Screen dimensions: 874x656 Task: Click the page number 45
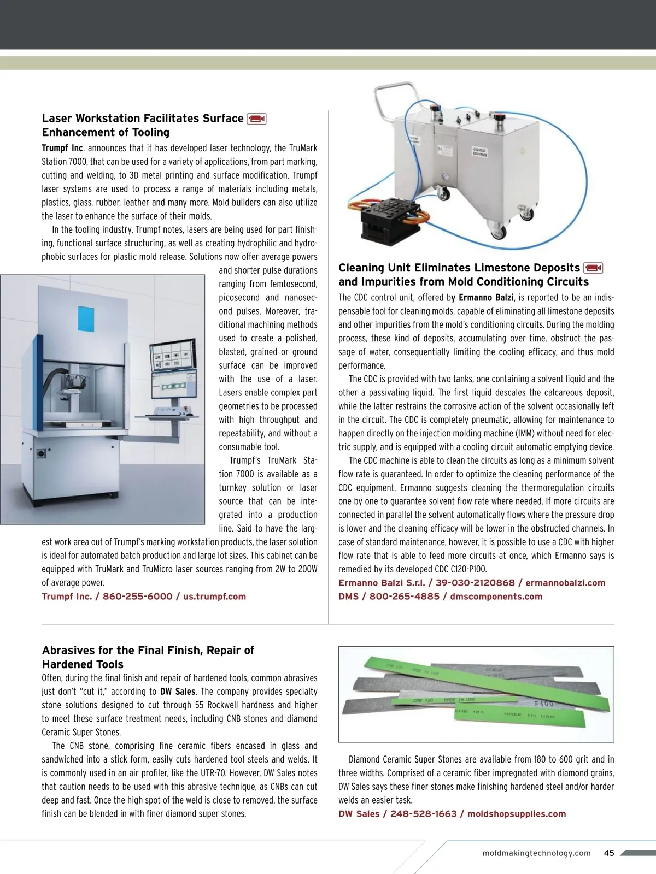[x=609, y=853]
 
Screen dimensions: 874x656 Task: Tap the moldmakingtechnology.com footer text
[x=536, y=853]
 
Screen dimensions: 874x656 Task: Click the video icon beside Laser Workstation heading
[x=256, y=119]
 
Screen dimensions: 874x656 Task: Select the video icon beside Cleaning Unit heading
[x=593, y=268]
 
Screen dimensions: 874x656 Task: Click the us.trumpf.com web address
[x=214, y=597]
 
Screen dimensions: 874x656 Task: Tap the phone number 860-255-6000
[x=137, y=597]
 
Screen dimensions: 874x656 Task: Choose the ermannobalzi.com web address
[x=565, y=583]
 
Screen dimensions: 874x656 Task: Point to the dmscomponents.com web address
[x=496, y=597]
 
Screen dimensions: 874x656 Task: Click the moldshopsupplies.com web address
[x=517, y=814]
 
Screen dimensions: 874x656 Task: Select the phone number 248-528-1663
[x=423, y=814]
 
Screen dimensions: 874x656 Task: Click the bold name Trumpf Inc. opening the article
[x=62, y=148]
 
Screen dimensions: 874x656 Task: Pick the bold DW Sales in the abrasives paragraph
[x=178, y=692]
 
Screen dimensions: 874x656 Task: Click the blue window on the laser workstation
[x=88, y=316]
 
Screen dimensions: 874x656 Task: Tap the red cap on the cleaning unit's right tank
[x=500, y=116]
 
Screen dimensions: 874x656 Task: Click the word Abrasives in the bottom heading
[x=68, y=650]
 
